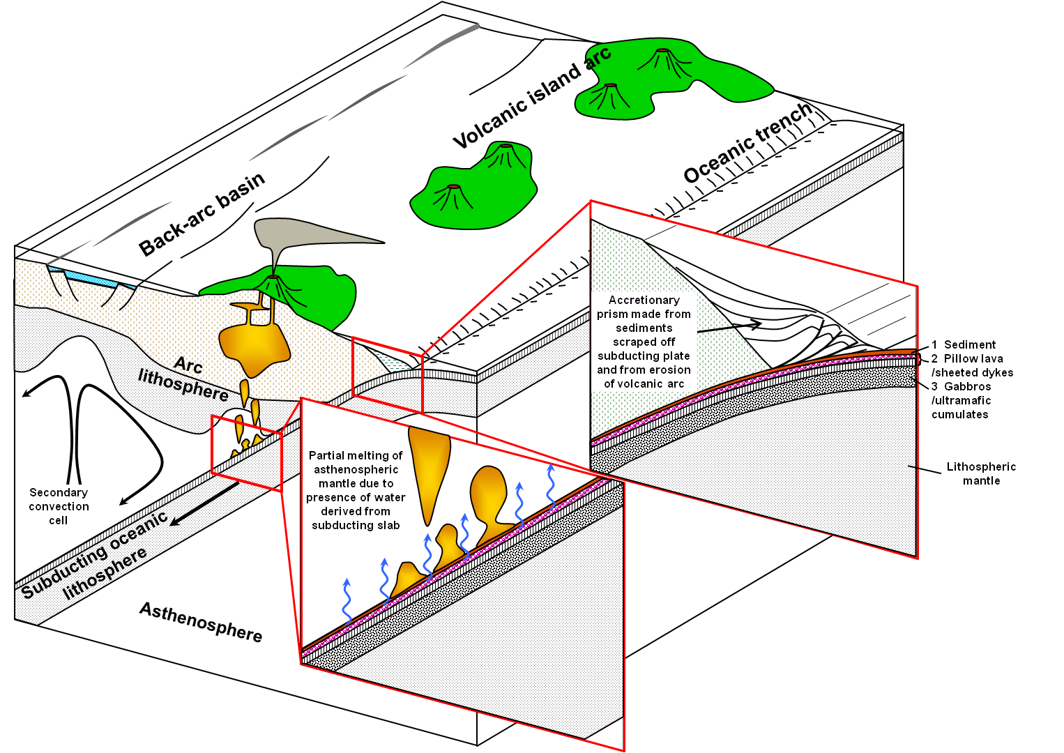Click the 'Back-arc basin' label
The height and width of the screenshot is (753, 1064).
click(202, 214)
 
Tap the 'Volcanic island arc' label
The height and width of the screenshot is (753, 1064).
click(531, 97)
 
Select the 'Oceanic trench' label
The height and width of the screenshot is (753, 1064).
click(747, 143)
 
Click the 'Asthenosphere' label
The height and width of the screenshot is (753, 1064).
click(201, 621)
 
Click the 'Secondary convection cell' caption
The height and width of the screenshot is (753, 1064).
click(59, 506)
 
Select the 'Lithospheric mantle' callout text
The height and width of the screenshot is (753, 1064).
click(980, 473)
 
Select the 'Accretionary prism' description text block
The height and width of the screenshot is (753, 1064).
click(644, 342)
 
